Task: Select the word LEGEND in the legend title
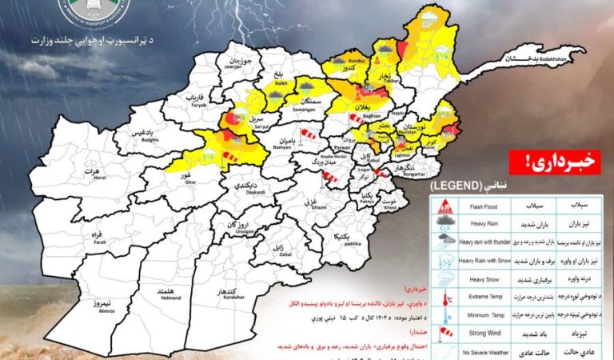[x=458, y=186]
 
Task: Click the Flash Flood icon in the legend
[x=441, y=202]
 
